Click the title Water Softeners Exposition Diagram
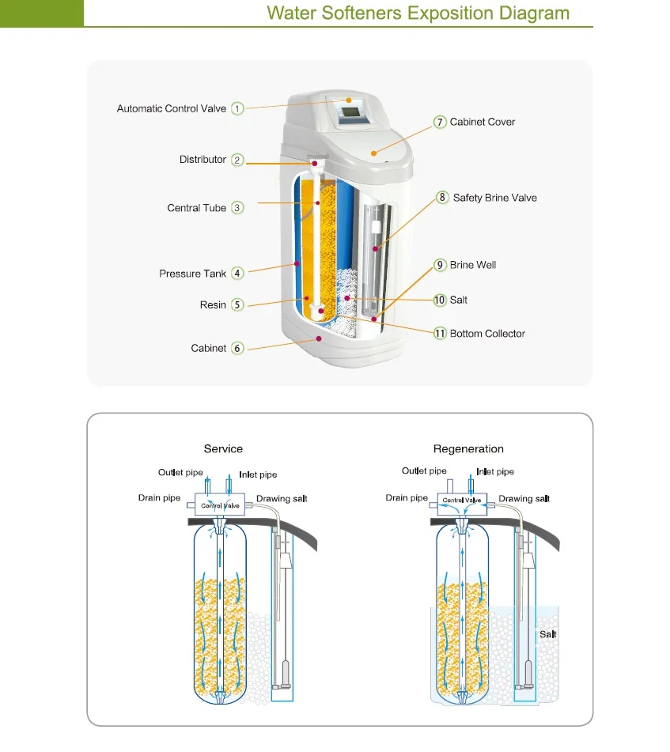(x=418, y=13)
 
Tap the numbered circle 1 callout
(x=237, y=108)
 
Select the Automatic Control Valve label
(x=171, y=108)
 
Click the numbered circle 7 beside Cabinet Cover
(x=440, y=122)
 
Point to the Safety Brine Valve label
(x=494, y=197)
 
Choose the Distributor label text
(x=203, y=160)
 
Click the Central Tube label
(x=196, y=208)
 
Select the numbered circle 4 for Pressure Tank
(x=237, y=273)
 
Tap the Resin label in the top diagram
(x=213, y=304)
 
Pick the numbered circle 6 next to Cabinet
(x=237, y=348)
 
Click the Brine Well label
(x=472, y=265)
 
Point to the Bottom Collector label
(x=487, y=334)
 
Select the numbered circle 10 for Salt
(x=440, y=300)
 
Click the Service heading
(x=223, y=448)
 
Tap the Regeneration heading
(x=468, y=448)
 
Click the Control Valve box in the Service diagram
(x=220, y=504)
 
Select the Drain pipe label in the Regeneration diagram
(x=407, y=498)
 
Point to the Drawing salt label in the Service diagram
(x=281, y=499)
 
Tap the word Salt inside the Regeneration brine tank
(x=548, y=634)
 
